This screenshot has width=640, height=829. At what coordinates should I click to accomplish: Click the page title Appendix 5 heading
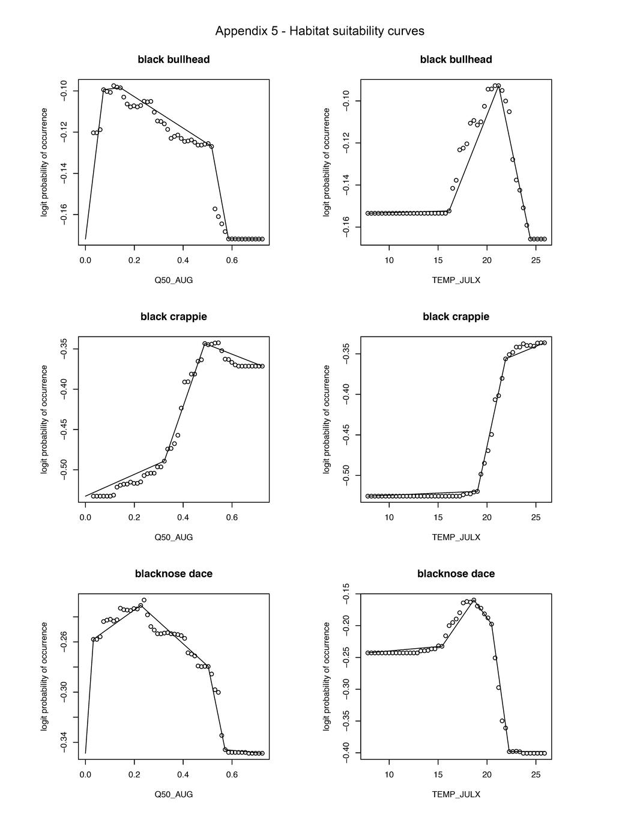pos(319,31)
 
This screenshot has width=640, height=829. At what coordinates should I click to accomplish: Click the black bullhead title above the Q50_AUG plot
pos(174,59)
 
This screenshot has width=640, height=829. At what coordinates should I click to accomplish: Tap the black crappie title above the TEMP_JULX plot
pos(456,317)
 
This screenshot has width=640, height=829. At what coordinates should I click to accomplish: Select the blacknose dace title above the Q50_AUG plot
pos(174,574)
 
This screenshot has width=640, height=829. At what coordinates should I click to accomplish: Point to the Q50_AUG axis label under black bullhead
pos(174,280)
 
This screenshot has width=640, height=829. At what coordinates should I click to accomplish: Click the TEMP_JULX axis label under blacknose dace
pos(456,794)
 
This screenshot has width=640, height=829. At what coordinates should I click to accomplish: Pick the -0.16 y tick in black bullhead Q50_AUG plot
pos(64,214)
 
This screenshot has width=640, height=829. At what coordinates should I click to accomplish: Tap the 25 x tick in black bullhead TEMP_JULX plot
pos(536,260)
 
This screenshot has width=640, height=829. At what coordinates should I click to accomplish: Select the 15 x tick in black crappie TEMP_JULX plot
pos(438,517)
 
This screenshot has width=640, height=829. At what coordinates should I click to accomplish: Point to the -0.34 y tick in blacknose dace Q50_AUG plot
pos(64,742)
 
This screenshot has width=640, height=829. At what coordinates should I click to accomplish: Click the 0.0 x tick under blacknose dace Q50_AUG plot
pos(85,774)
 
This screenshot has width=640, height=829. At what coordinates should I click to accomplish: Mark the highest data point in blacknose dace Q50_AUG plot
pos(144,600)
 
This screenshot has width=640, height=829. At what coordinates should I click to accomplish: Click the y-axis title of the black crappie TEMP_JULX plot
pos(327,419)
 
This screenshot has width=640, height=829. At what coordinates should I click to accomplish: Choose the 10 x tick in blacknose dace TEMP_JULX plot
pos(389,774)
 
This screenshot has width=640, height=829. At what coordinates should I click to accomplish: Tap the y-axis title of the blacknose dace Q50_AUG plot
pos(44,676)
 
